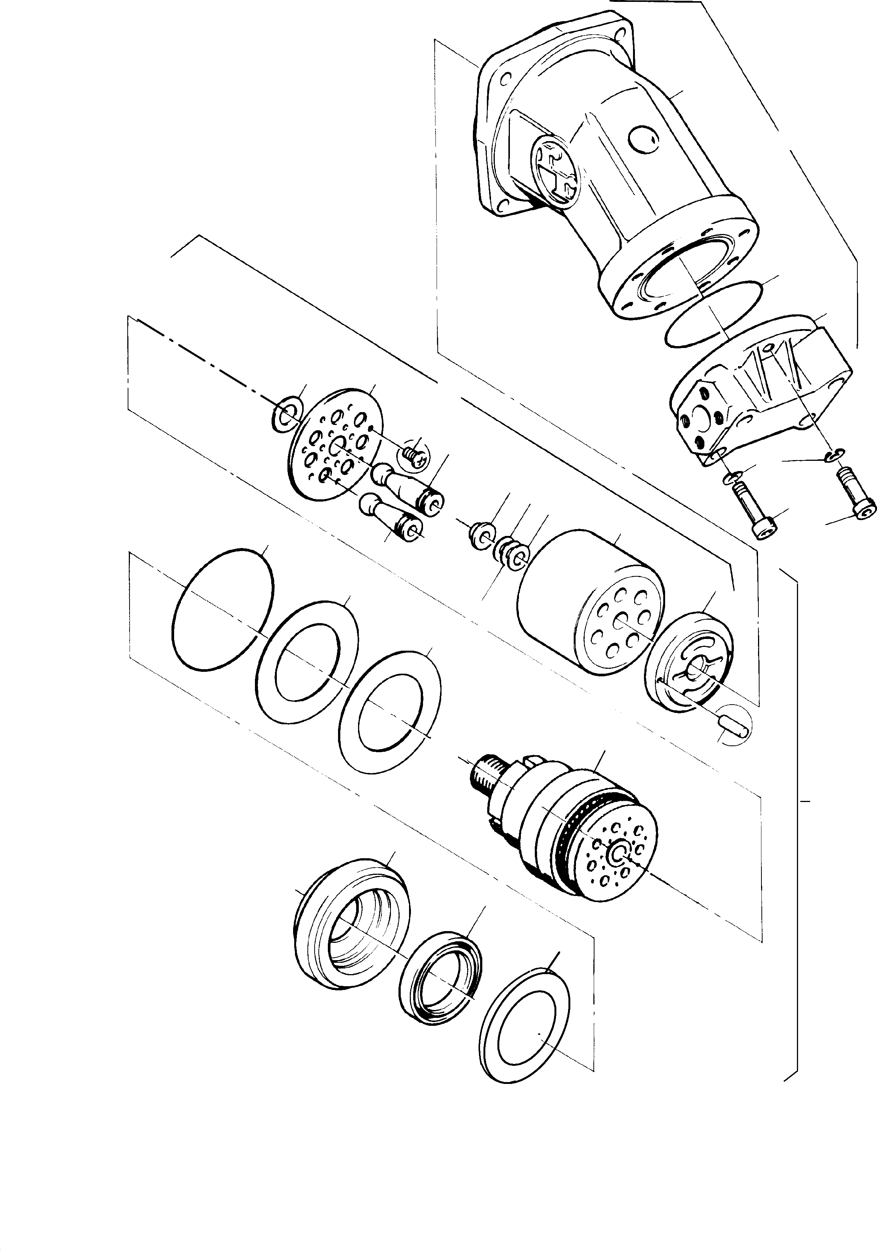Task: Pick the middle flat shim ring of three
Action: (x=308, y=662)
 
